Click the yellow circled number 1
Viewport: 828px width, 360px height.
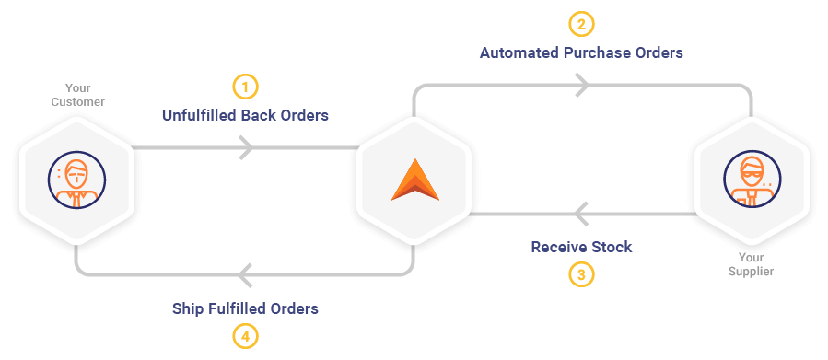tap(246, 87)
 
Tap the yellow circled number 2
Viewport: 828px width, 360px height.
tap(581, 24)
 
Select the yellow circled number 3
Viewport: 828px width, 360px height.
tap(581, 275)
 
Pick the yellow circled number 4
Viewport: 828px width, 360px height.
tap(246, 337)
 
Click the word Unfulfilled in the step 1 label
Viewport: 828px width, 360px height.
tap(200, 115)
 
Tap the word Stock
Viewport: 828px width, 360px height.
tap(612, 247)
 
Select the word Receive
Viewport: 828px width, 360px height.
tap(559, 247)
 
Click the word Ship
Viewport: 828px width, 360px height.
tap(188, 308)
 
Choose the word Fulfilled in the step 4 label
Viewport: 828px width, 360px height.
tap(237, 308)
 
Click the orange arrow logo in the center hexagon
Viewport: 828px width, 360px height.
tap(415, 180)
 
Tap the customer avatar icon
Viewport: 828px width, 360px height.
tap(76, 180)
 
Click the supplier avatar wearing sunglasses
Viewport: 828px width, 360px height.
tap(752, 180)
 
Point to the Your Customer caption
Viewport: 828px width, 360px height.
tap(77, 95)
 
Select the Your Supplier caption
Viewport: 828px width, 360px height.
tap(751, 264)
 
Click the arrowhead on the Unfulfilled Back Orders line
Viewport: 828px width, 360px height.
tap(246, 147)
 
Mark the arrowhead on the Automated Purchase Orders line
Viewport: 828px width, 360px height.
tap(582, 85)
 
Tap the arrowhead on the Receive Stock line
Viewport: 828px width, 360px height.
tap(581, 214)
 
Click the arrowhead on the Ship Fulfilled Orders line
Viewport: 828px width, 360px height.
tap(245, 275)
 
